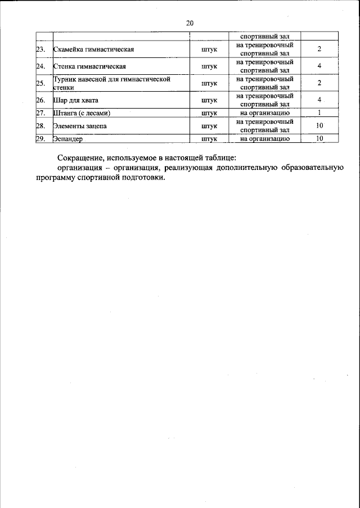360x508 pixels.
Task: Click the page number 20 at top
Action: pos(189,23)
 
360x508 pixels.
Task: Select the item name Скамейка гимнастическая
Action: pos(92,50)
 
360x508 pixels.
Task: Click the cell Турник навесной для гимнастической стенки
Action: pos(111,84)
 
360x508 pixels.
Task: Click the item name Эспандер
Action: pos(67,138)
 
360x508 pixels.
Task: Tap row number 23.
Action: pos(40,50)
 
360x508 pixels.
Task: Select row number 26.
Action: pos(40,101)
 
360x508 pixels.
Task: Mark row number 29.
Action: pos(40,138)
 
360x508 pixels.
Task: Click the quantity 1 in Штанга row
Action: pos(319,114)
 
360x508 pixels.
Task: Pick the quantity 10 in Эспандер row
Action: pos(319,138)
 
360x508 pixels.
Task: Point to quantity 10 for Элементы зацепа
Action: pos(319,126)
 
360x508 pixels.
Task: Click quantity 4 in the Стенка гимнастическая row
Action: pos(319,67)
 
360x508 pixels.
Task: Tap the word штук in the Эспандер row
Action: pos(209,138)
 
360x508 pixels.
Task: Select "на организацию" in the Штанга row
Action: pos(264,114)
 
